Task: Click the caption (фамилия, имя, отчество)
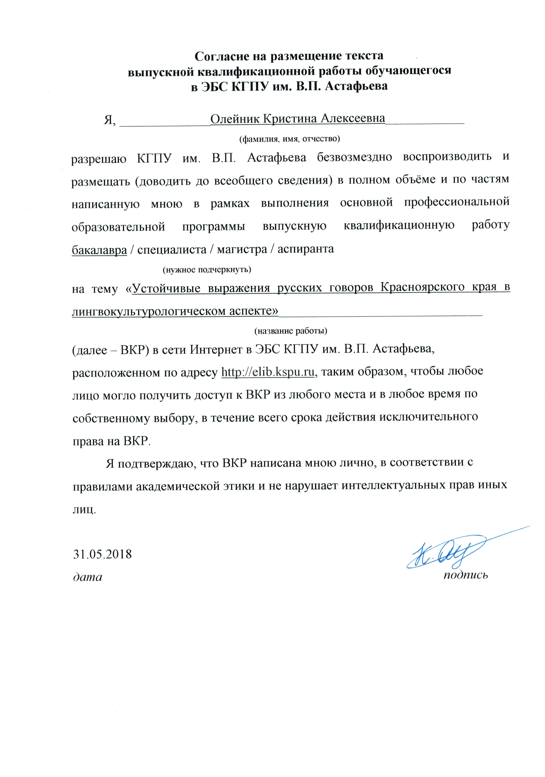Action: (x=289, y=139)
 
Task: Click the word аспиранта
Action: (x=305, y=249)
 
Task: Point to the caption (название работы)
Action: (x=290, y=331)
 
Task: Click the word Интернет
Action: (x=216, y=349)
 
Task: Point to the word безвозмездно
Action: (x=354, y=157)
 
